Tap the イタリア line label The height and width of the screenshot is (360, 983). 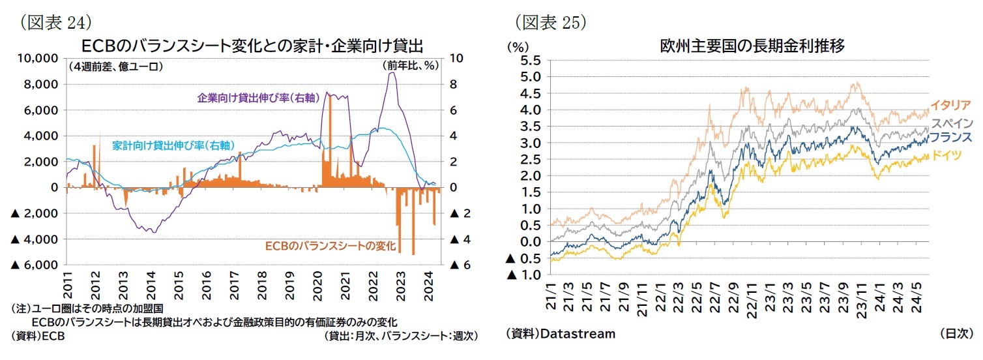(x=950, y=105)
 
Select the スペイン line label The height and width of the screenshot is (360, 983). (x=952, y=123)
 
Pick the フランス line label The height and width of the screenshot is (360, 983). (x=950, y=138)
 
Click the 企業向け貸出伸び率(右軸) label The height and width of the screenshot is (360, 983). (x=257, y=98)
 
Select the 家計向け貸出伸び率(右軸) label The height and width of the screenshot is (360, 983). (x=173, y=145)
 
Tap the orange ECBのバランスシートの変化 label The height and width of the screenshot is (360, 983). (x=330, y=247)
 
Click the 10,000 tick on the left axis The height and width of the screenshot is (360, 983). (x=37, y=59)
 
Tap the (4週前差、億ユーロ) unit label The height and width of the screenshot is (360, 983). (x=115, y=67)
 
